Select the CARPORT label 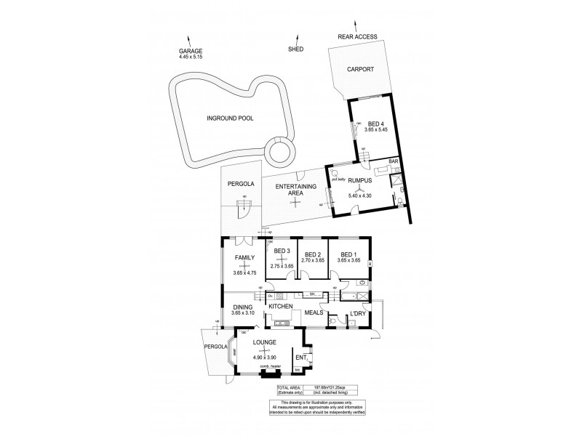click(x=361, y=69)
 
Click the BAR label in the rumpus click(x=394, y=161)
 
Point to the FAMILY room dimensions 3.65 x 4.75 click(x=246, y=272)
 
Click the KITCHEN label click(x=280, y=307)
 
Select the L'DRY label click(x=356, y=313)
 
